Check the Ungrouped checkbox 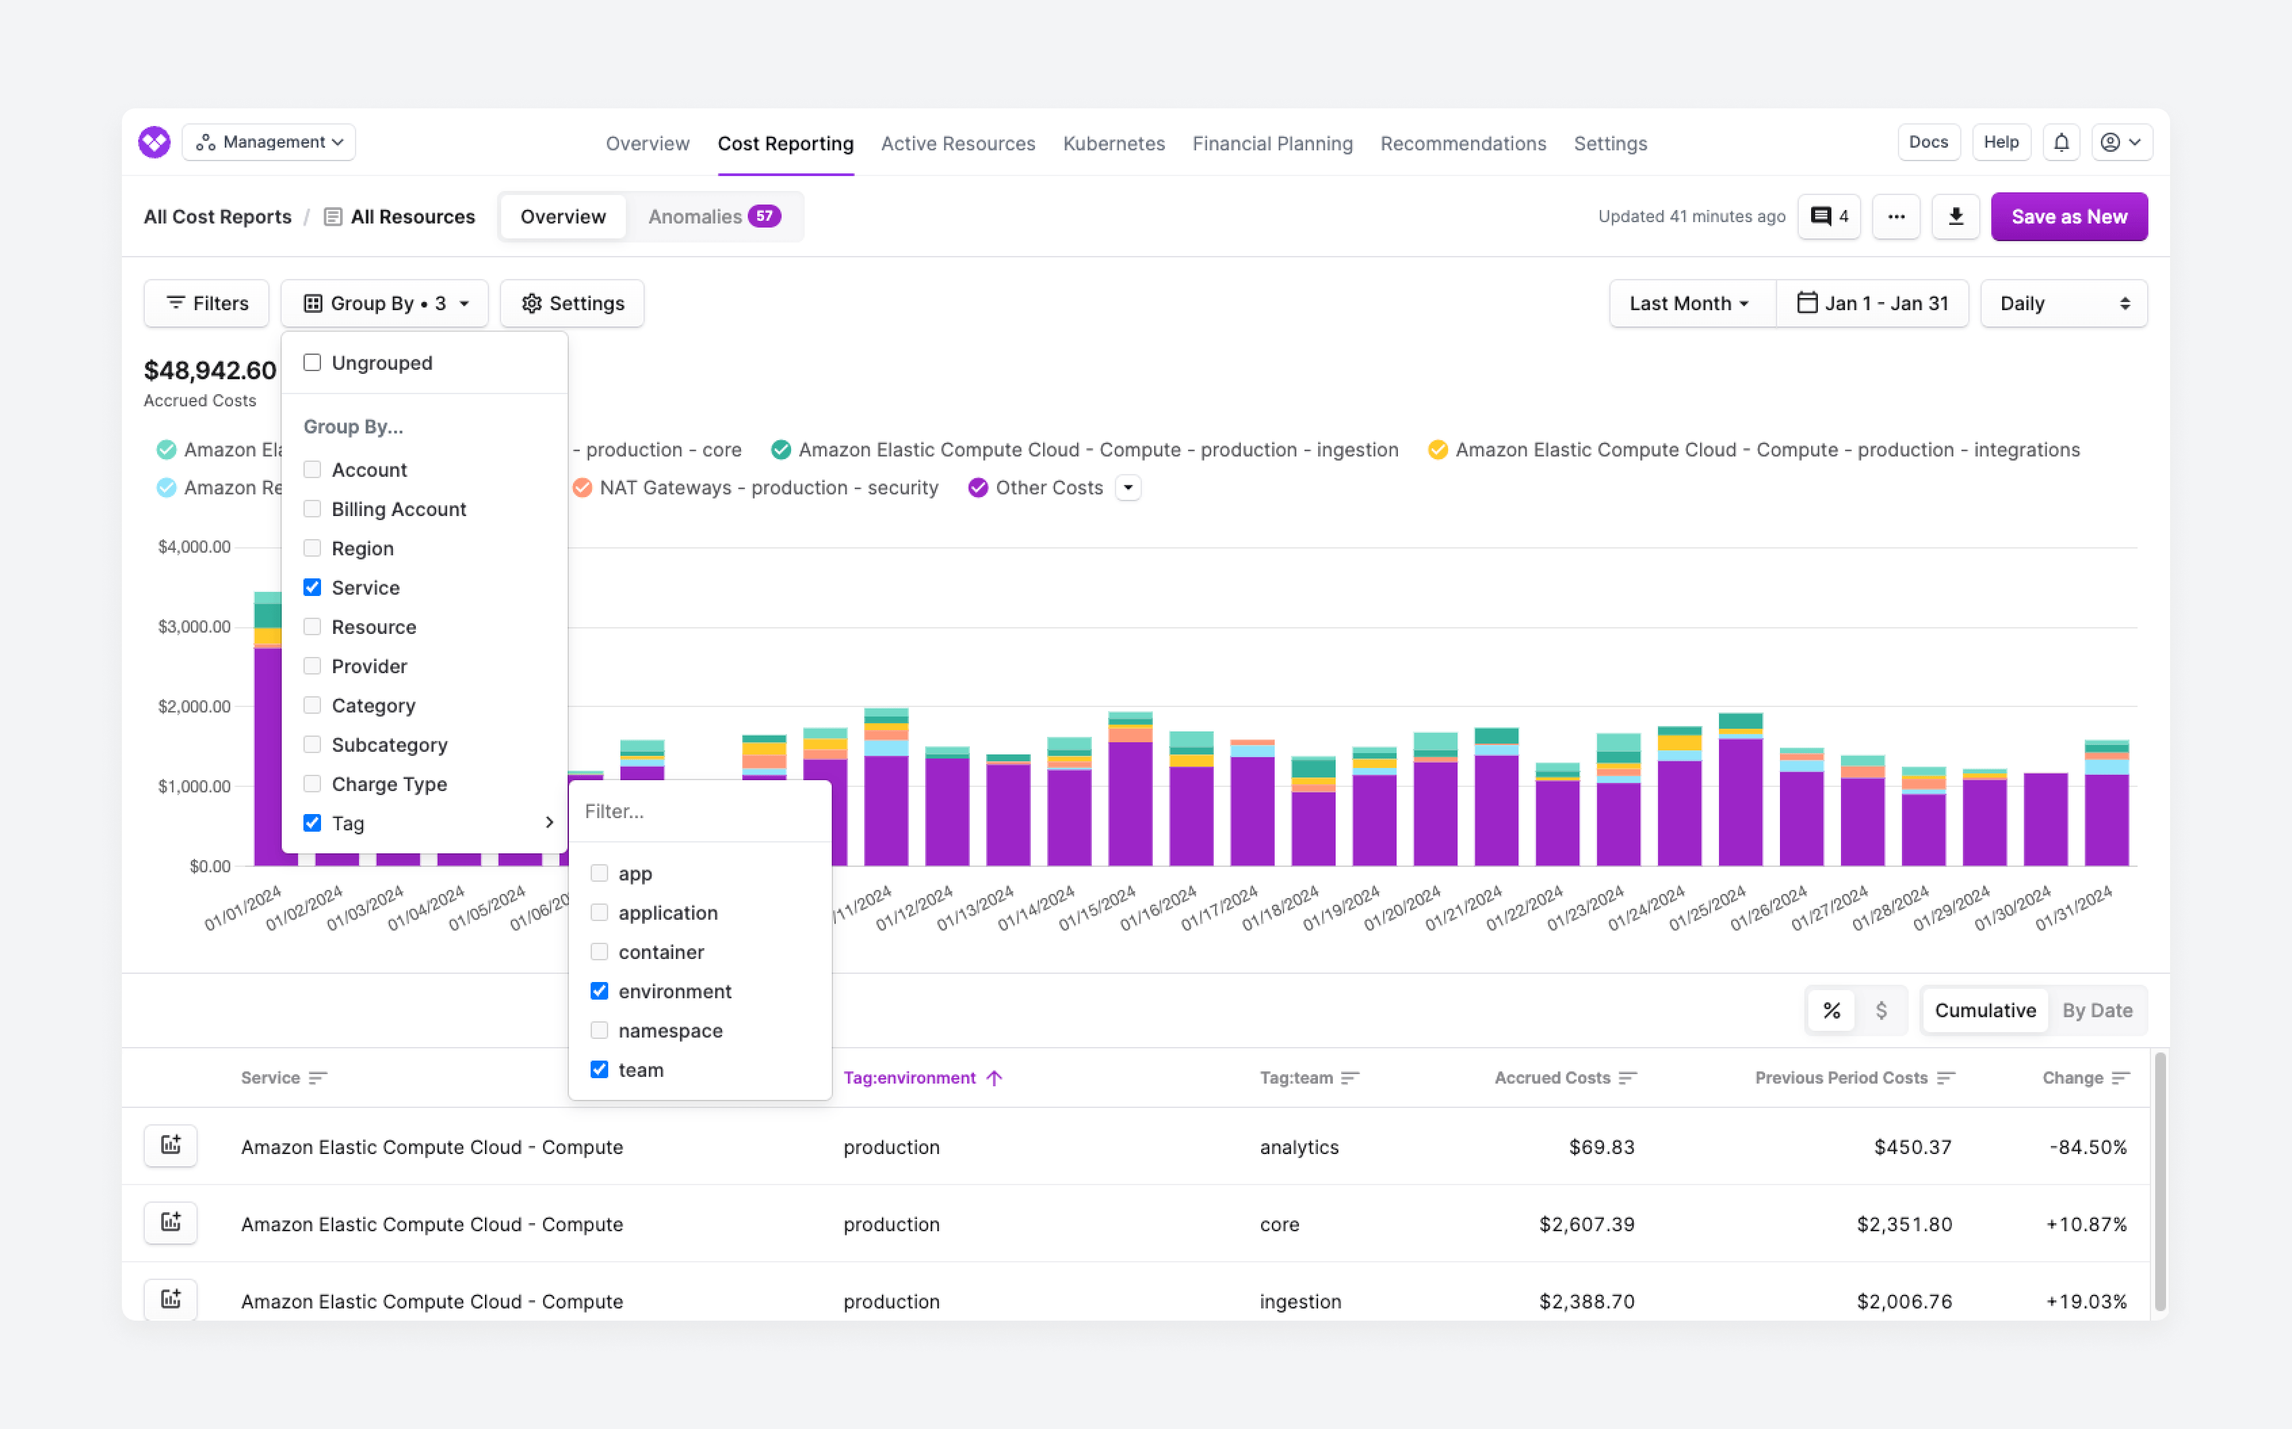(x=312, y=363)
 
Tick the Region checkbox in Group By (x=312, y=548)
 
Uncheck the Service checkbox (x=312, y=588)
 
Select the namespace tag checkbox (x=599, y=1030)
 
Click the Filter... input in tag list (x=700, y=811)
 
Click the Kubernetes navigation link (x=1113, y=144)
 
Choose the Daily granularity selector (x=2063, y=303)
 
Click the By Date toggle (x=2096, y=1010)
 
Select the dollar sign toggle (x=1881, y=1010)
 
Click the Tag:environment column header (x=909, y=1078)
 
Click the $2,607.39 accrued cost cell (x=1586, y=1224)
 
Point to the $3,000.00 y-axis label (x=194, y=626)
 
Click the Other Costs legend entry (x=1048, y=488)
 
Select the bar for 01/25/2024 (x=1740, y=794)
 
